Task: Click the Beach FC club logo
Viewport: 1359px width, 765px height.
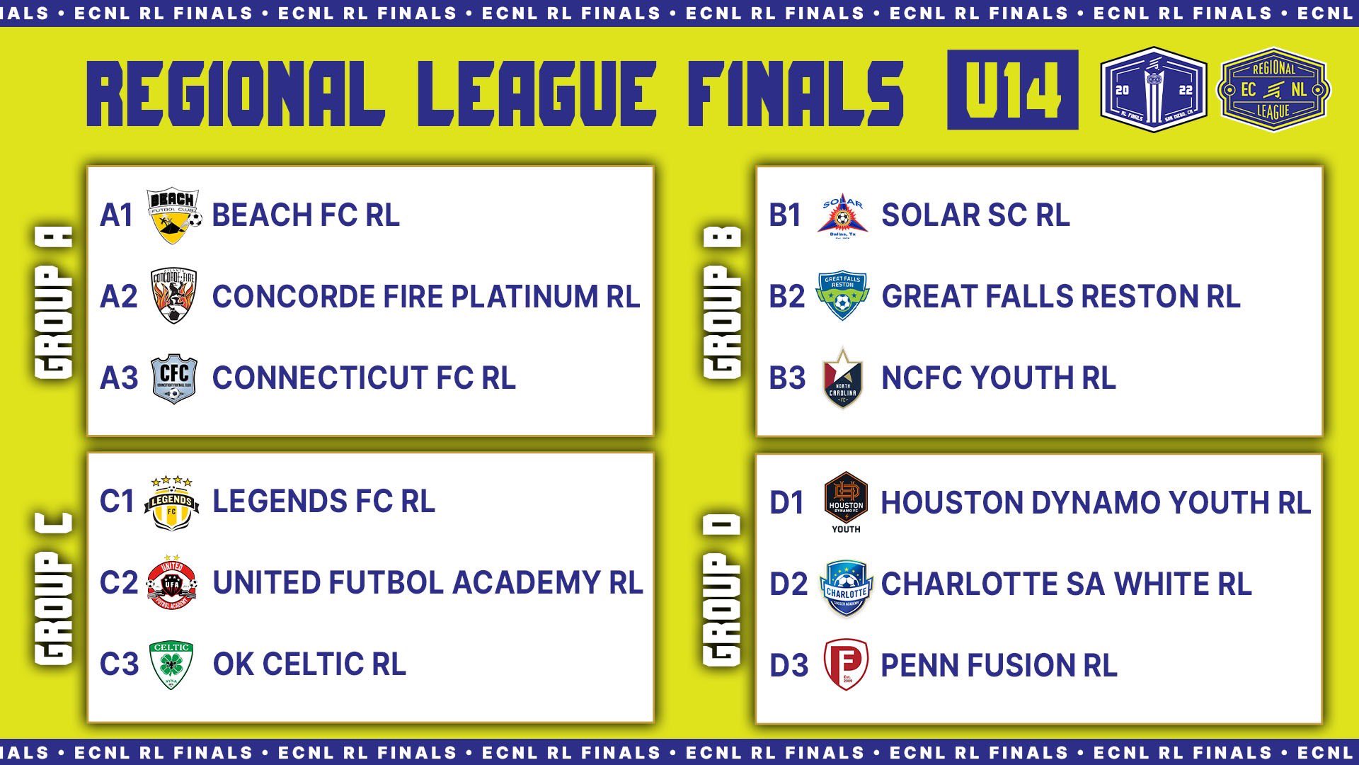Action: point(174,215)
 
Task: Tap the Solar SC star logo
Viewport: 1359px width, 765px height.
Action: point(842,216)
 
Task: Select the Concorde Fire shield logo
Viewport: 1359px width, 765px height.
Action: point(173,296)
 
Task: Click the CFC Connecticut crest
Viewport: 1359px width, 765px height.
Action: point(174,379)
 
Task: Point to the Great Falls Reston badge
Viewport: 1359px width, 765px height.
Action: point(842,296)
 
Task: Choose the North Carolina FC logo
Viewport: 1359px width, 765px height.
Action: point(842,379)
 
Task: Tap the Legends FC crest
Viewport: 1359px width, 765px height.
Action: point(171,503)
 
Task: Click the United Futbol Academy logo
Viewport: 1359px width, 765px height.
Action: point(172,583)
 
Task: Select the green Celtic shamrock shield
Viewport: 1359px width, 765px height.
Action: point(171,665)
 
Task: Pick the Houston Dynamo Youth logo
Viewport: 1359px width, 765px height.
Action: point(846,502)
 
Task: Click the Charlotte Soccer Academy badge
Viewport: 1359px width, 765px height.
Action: point(847,587)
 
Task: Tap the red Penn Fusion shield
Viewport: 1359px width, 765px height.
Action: point(846,664)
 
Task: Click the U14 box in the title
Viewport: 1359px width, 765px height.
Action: point(1013,90)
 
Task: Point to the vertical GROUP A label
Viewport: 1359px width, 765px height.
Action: point(54,302)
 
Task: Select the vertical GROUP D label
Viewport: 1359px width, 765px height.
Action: point(723,590)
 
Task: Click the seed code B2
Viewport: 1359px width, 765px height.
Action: point(787,297)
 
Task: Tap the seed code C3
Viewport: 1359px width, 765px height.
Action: point(119,664)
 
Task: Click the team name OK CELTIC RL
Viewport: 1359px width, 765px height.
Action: point(309,664)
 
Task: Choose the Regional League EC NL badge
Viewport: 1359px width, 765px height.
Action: point(1273,90)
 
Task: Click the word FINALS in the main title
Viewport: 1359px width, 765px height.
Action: point(796,93)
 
